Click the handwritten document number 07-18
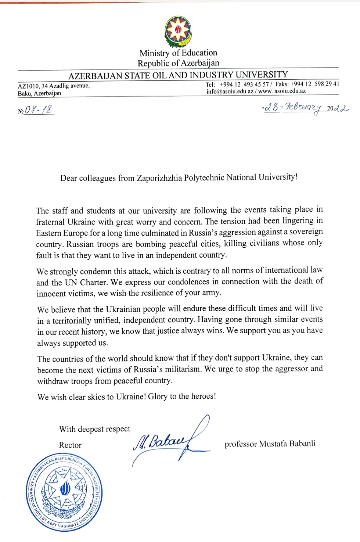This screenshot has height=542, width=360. [39, 110]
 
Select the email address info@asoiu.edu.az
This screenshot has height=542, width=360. [230, 91]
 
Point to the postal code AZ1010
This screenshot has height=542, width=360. [28, 86]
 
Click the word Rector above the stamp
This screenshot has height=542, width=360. [70, 445]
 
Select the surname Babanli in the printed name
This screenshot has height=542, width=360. [302, 444]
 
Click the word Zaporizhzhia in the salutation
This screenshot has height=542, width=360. [159, 178]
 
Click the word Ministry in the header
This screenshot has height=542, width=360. [155, 53]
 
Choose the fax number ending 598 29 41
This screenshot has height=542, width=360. [315, 84]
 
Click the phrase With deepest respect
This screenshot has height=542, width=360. [95, 429]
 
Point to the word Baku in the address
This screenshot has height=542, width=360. [24, 93]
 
